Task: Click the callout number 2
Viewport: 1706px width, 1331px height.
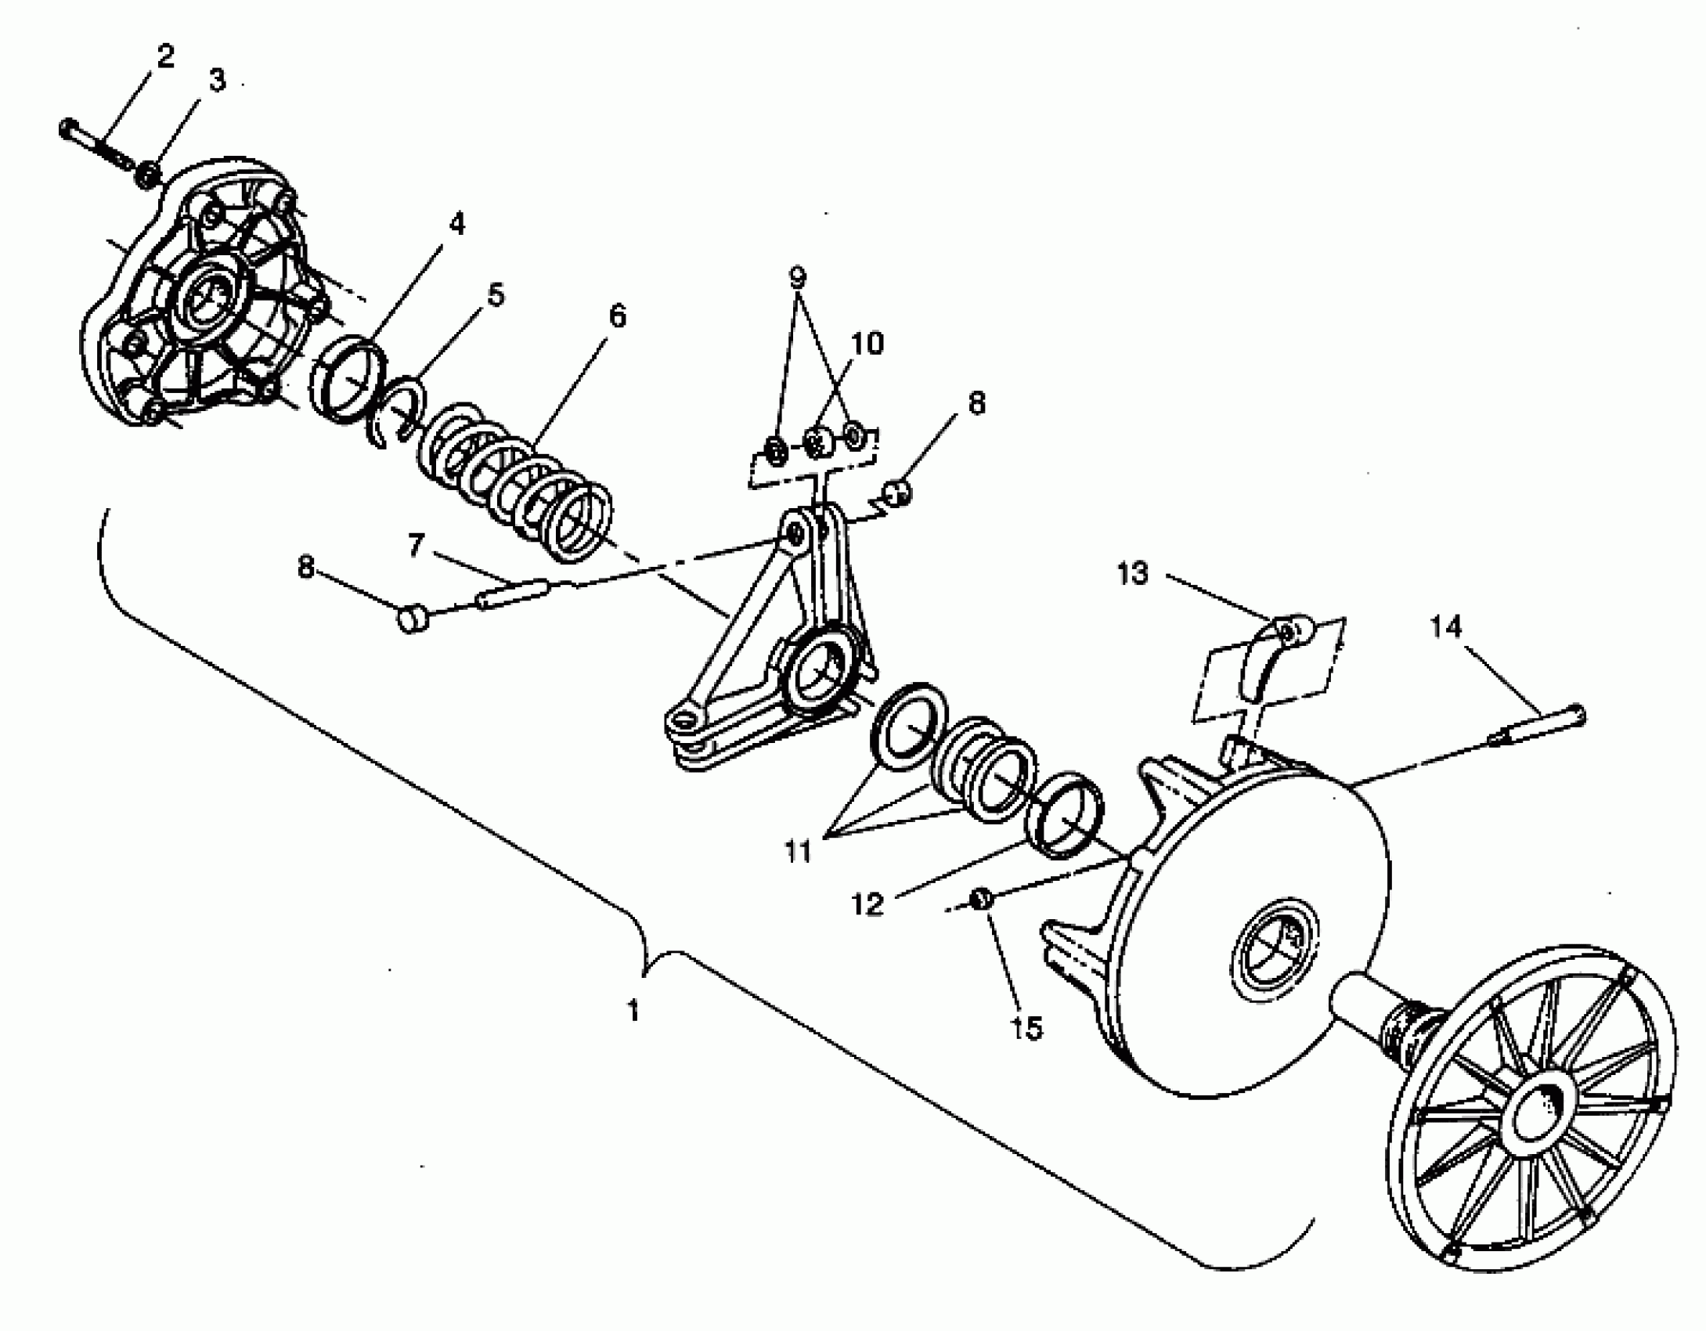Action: tap(165, 57)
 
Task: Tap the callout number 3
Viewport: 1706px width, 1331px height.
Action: tap(216, 80)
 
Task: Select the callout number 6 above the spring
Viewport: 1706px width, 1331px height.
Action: tap(617, 317)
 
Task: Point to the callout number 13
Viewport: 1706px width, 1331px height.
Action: tap(1133, 574)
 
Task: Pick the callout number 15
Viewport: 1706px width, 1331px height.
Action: tap(1027, 1028)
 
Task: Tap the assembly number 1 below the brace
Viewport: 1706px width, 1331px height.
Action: tap(633, 1011)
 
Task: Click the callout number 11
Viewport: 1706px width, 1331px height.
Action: tap(798, 851)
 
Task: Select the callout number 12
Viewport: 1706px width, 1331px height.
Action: tap(867, 905)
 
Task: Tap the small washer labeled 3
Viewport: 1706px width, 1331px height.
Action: tap(147, 175)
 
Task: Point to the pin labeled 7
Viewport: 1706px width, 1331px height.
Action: tap(513, 591)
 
